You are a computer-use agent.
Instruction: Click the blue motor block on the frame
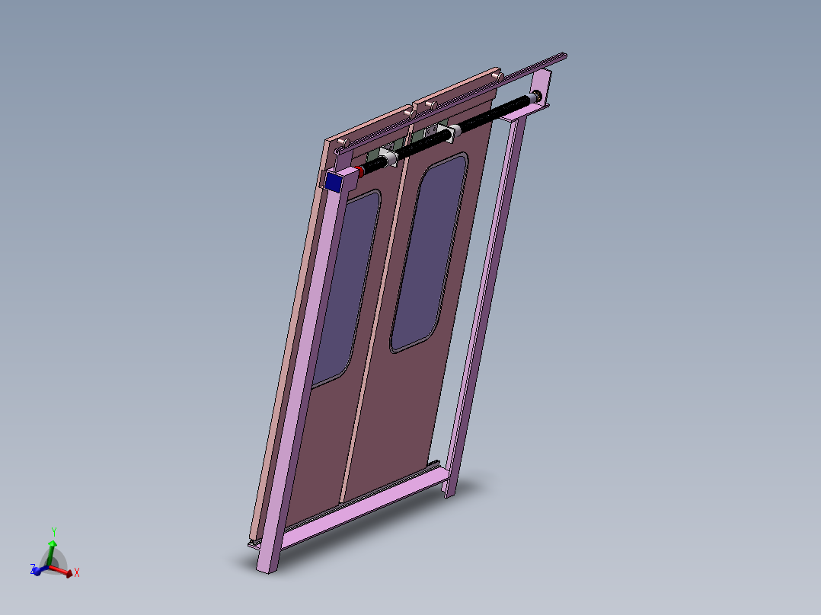[x=333, y=181]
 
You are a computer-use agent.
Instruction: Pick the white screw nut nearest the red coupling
[x=387, y=158]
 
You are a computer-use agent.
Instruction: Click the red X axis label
[x=77, y=572]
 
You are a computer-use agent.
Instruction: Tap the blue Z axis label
[x=33, y=569]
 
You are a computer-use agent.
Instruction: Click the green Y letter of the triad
[x=53, y=531]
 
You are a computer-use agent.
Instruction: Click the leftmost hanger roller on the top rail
[x=344, y=142]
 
